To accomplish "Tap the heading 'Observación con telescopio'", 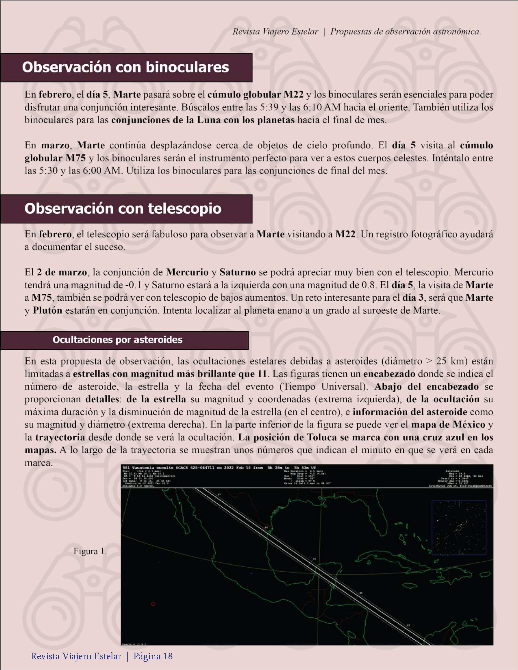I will [x=123, y=209].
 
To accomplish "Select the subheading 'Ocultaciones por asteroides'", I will [x=118, y=340].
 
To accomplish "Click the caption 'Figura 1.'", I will [x=90, y=552].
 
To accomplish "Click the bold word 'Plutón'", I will [x=48, y=311].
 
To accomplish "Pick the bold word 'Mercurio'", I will [x=187, y=272].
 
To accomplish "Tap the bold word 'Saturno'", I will [x=238, y=272].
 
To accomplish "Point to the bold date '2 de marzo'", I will [x=62, y=272].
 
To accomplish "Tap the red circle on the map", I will [x=153, y=604].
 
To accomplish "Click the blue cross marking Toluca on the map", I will [x=252, y=573].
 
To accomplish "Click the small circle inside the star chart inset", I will [x=459, y=528].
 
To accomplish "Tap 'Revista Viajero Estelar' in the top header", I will [x=275, y=32].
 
